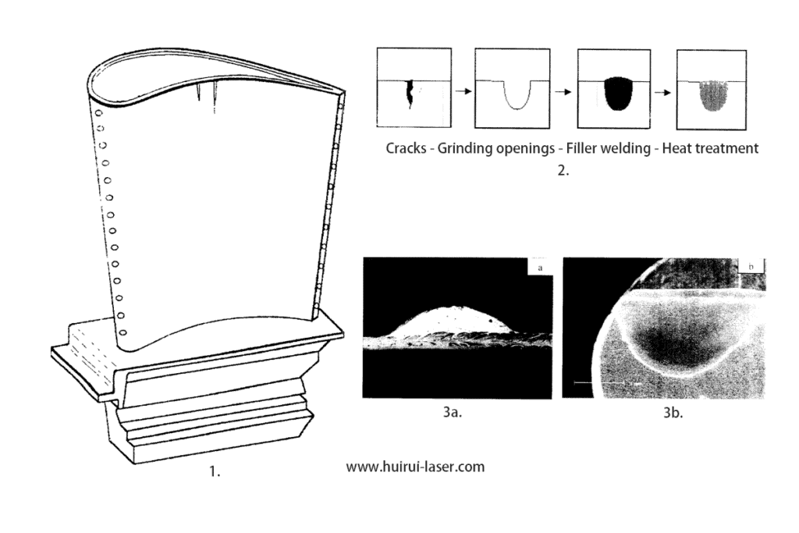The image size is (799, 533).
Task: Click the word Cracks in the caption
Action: click(x=406, y=148)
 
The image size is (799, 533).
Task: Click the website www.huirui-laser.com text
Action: click(x=415, y=467)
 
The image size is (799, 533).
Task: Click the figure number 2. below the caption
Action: click(x=563, y=171)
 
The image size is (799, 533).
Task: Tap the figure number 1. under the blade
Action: click(x=215, y=471)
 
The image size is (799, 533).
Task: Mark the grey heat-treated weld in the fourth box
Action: click(x=713, y=97)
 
